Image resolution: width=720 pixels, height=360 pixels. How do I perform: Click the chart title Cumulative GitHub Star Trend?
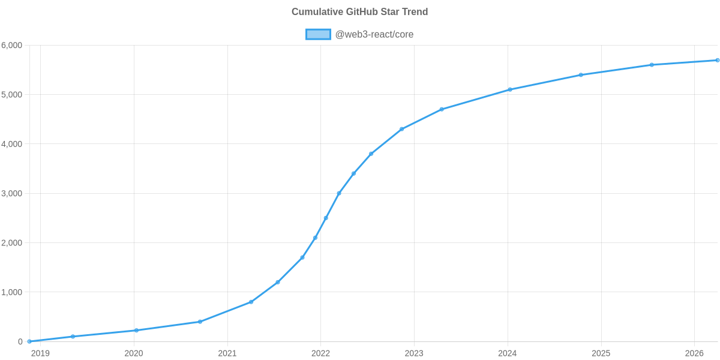tap(359, 12)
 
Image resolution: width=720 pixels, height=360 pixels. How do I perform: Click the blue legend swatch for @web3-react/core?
tap(318, 34)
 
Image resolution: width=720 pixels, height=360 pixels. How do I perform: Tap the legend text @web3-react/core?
tap(374, 34)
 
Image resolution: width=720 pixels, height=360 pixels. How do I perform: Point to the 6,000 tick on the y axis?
tap(12, 46)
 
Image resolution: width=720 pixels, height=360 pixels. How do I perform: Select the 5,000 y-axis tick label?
tap(12, 95)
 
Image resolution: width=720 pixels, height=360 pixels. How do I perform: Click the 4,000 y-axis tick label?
tap(12, 144)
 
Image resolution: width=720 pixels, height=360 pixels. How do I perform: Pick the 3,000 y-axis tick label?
tap(12, 194)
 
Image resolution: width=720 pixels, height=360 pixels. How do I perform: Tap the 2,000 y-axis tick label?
tap(12, 243)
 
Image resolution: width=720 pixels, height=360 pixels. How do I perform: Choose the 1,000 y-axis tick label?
tap(12, 292)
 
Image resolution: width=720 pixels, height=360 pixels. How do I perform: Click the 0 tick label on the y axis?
tap(20, 342)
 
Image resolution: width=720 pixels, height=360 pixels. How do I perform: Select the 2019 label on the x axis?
tap(40, 353)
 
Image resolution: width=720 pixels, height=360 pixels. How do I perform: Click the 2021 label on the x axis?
tap(227, 353)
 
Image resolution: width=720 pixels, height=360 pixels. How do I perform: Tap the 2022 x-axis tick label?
tap(320, 353)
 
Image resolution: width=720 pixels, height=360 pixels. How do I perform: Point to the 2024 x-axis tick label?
tap(508, 353)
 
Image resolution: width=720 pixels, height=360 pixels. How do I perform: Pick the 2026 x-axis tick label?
tap(694, 353)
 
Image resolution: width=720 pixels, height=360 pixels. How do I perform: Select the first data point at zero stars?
tap(29, 341)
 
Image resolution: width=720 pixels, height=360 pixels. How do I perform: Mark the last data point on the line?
tap(718, 60)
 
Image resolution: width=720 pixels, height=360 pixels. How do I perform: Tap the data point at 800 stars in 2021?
tap(251, 302)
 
